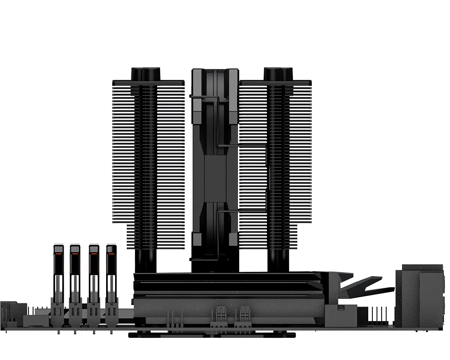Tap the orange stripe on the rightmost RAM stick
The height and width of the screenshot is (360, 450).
tap(111, 254)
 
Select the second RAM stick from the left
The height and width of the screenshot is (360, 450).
tap(75, 277)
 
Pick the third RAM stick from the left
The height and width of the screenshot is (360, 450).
tap(93, 277)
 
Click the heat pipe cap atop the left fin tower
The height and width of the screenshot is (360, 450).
tap(145, 73)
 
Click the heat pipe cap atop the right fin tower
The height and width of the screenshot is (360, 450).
tap(278, 73)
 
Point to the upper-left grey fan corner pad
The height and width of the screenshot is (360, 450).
tap(197, 109)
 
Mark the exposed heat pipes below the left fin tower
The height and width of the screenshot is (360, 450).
tap(145, 261)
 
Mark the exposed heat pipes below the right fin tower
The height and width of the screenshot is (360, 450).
tap(278, 261)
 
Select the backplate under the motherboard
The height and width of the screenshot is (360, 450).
tap(212, 334)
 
